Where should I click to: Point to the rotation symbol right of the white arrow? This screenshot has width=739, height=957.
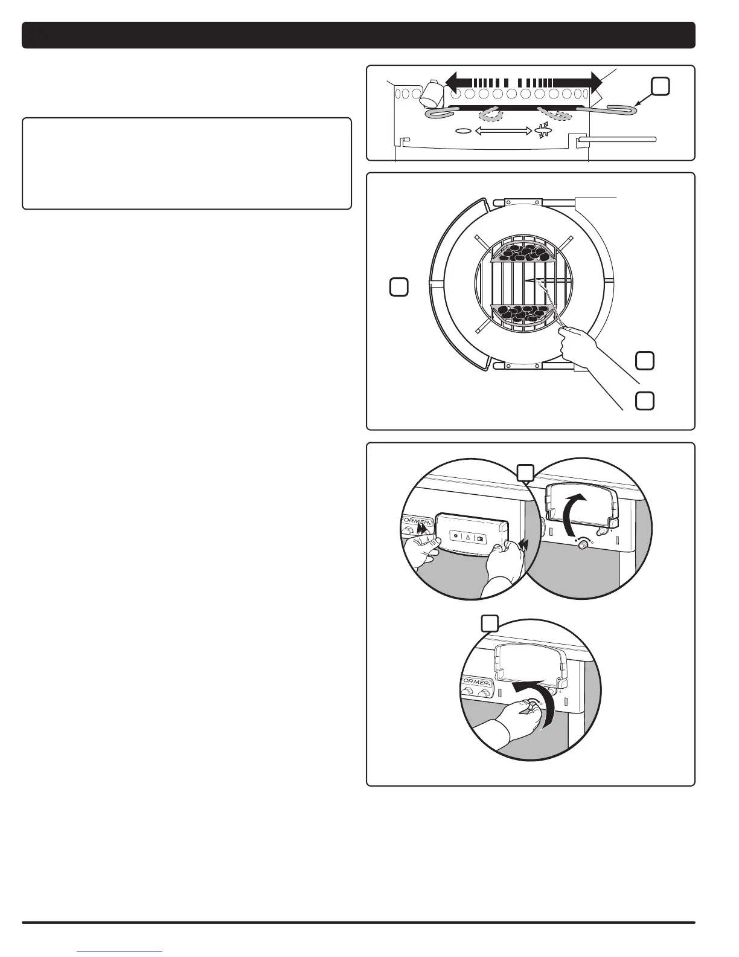click(541, 130)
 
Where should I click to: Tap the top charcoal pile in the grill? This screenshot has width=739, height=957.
click(523, 252)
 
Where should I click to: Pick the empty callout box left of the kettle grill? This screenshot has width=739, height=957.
click(398, 287)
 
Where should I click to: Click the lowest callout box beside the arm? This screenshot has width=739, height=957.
click(645, 401)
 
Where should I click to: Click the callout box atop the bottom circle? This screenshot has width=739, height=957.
click(489, 623)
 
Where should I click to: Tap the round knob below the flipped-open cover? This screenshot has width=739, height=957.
click(583, 544)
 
